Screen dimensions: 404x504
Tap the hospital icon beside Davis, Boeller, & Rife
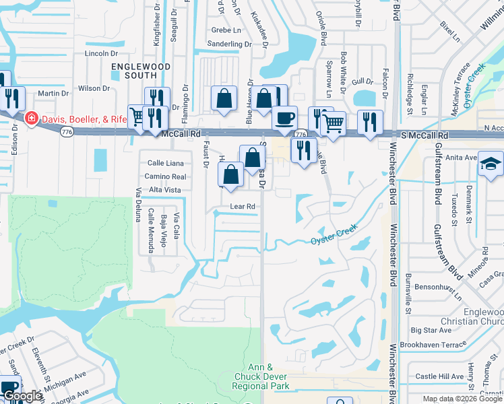[x=30, y=119]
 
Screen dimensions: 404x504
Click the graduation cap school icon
[x=491, y=163]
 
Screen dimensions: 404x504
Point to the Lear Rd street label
[x=243, y=206]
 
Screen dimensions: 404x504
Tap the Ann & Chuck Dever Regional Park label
[x=260, y=376]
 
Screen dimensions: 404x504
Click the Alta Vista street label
[x=165, y=190]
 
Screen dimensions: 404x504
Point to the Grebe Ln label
[x=226, y=30]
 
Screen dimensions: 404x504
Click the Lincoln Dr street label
[x=102, y=53]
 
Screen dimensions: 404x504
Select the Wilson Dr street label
[x=94, y=88]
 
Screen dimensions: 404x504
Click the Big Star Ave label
[x=431, y=330]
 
